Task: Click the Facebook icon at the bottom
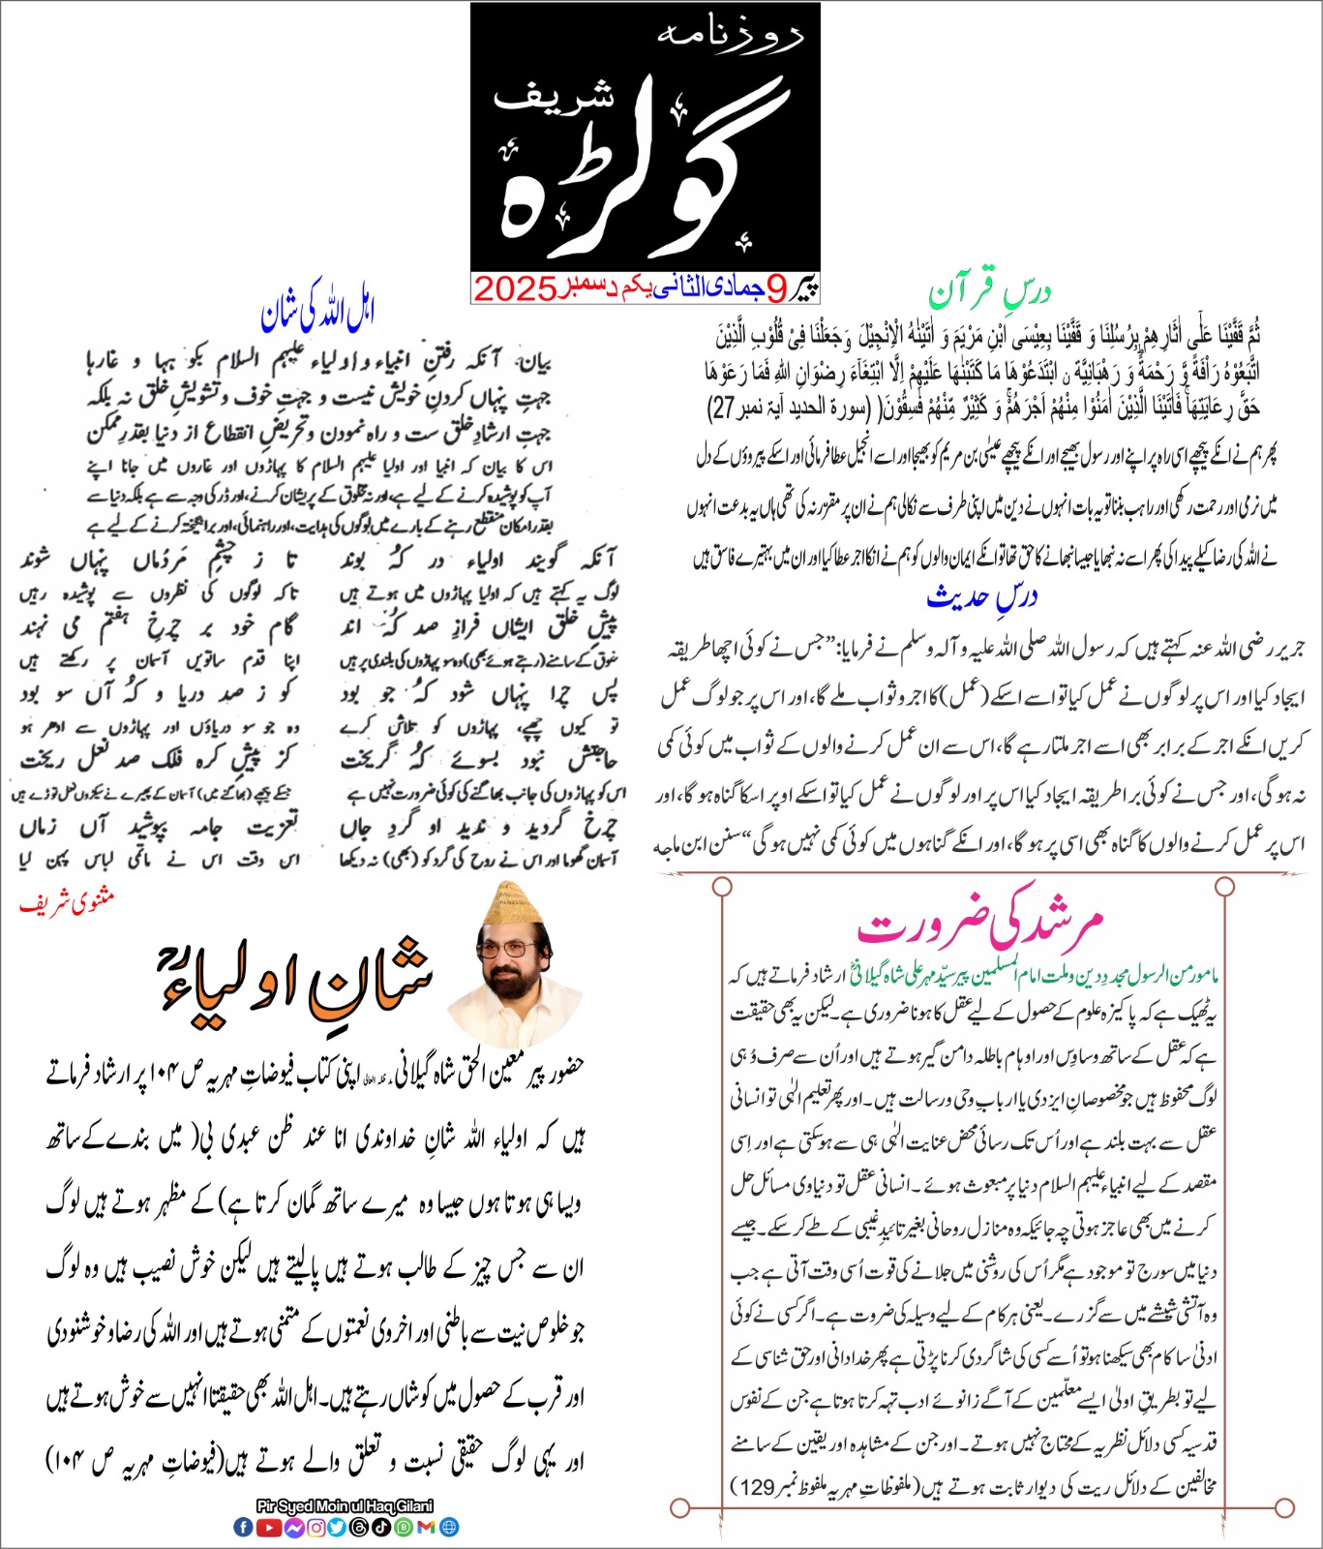pyautogui.click(x=243, y=1527)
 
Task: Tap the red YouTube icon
pyautogui.click(x=268, y=1527)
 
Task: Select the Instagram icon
pyautogui.click(x=316, y=1527)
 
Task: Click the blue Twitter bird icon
pyautogui.click(x=337, y=1527)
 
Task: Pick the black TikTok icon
pyautogui.click(x=381, y=1527)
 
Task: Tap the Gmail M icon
pyautogui.click(x=427, y=1527)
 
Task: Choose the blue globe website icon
pyautogui.click(x=449, y=1527)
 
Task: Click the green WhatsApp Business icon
pyautogui.click(x=404, y=1527)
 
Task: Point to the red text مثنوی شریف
pyautogui.click(x=67, y=903)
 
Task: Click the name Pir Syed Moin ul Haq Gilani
pyautogui.click(x=345, y=1506)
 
